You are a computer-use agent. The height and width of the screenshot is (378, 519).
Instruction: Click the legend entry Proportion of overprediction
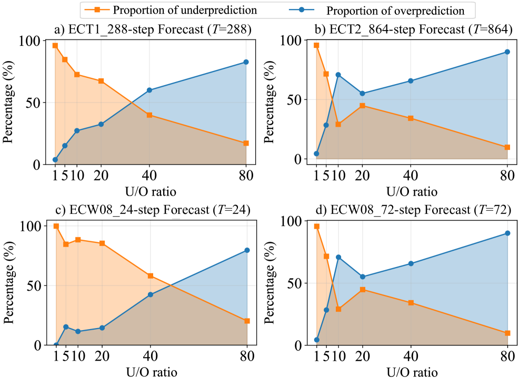(x=395, y=10)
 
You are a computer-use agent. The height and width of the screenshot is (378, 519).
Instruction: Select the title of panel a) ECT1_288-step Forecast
(x=153, y=29)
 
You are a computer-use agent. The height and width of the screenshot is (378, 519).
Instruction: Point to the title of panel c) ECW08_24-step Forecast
(x=153, y=210)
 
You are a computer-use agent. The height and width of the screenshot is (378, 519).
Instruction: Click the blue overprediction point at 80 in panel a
(x=246, y=62)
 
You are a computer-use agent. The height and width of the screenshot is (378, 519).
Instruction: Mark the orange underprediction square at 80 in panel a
(x=246, y=144)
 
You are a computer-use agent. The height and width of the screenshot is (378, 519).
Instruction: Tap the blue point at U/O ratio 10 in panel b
(x=338, y=75)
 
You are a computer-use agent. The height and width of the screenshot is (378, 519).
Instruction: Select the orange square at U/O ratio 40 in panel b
(x=411, y=118)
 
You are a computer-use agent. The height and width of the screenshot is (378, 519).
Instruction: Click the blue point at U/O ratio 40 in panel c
(x=151, y=294)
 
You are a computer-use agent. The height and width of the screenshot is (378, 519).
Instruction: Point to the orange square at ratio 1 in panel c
(x=56, y=226)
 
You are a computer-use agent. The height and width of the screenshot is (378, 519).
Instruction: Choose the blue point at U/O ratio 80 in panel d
(x=507, y=233)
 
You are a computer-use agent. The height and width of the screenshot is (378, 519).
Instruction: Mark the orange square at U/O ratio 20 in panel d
(x=362, y=290)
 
